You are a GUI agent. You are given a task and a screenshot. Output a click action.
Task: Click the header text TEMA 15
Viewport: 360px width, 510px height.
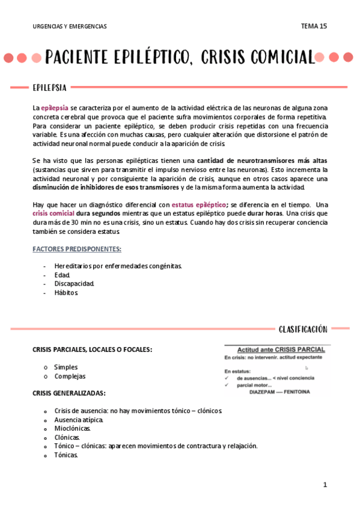[x=314, y=26]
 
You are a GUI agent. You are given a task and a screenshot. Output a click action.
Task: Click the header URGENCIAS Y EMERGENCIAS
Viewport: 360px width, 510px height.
[x=70, y=26]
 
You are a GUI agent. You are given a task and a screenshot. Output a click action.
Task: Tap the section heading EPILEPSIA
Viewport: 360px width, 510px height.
[x=49, y=88]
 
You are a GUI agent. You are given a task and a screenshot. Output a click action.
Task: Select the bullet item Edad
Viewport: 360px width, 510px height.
[x=62, y=275]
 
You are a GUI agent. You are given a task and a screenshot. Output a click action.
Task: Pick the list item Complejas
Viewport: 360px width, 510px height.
[x=70, y=376]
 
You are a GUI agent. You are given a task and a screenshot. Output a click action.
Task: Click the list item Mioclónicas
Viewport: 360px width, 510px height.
[x=72, y=428]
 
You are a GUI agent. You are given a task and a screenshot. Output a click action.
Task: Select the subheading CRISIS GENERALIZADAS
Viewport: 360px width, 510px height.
[x=69, y=393]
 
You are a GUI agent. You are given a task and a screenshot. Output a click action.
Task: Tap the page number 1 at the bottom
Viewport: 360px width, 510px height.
[x=325, y=484]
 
